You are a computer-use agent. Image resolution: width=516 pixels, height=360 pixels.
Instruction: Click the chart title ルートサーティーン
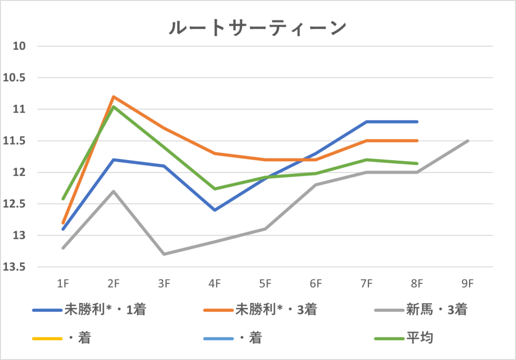(257, 28)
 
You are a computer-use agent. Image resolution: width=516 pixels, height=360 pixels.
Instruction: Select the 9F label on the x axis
(468, 284)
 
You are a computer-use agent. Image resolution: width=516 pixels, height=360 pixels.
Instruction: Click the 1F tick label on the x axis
(63, 284)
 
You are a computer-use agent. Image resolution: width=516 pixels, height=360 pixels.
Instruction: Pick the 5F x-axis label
(265, 284)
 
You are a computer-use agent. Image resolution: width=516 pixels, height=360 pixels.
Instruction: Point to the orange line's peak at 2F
(113, 96)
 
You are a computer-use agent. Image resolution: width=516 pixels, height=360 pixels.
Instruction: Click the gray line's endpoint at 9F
(468, 141)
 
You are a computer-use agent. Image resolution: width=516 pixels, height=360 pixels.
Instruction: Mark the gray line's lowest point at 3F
(164, 254)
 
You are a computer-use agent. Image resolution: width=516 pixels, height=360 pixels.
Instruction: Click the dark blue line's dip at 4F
(215, 210)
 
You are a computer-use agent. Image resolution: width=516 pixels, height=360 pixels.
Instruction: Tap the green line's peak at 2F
(113, 106)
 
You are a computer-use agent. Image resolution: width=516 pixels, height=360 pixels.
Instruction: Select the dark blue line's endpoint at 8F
(417, 122)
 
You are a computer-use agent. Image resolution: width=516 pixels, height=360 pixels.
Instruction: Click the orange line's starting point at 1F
(63, 223)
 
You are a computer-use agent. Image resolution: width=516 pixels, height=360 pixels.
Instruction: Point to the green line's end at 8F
(417, 163)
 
